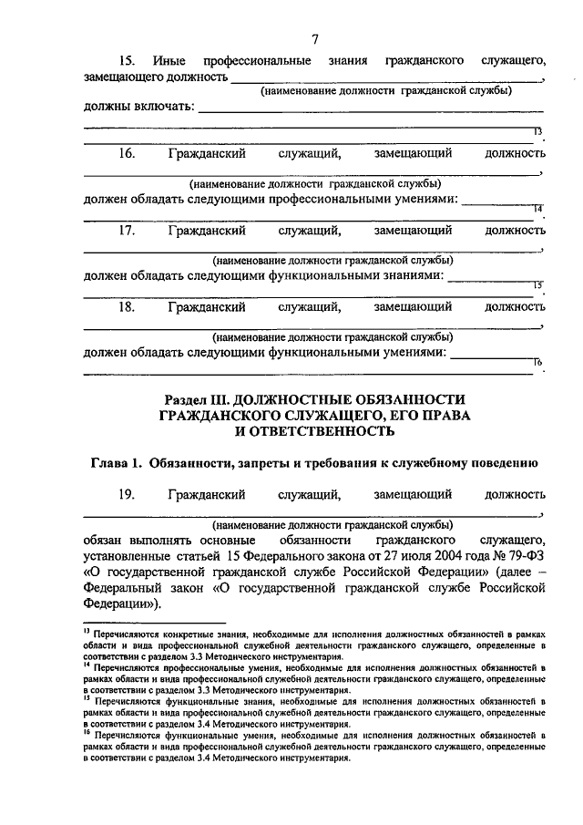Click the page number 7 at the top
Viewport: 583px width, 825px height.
point(314,38)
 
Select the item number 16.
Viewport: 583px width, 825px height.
point(127,154)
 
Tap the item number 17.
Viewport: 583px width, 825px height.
point(127,231)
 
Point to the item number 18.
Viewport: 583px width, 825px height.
point(127,307)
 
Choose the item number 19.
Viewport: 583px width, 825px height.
point(127,495)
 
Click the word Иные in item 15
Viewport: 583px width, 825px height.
point(169,61)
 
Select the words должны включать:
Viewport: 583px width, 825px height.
point(138,108)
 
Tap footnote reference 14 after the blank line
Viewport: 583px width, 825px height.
point(537,210)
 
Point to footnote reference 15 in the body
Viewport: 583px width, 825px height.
point(537,286)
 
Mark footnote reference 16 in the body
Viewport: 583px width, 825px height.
point(537,363)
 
